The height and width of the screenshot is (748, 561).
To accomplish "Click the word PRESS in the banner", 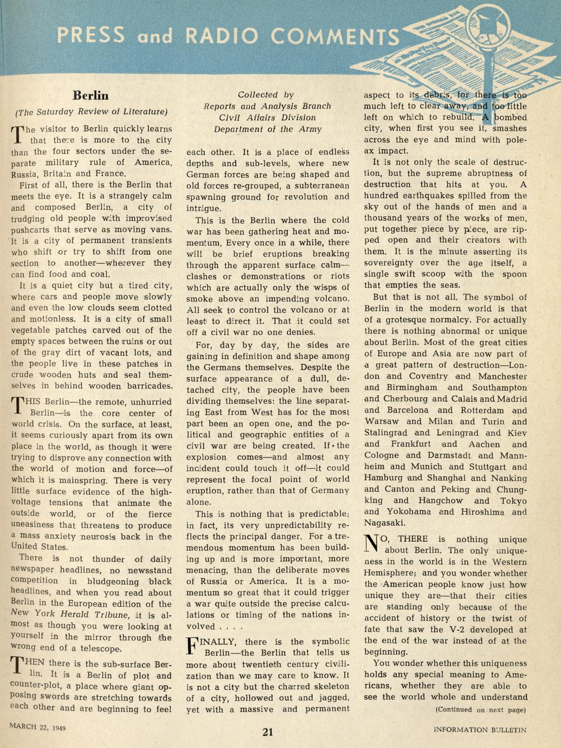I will coord(91,35).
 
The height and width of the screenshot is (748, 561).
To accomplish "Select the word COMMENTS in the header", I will coord(334,36).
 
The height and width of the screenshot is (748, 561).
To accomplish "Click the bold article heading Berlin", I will coord(91,95).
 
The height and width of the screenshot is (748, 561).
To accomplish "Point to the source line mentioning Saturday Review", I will coord(91,112).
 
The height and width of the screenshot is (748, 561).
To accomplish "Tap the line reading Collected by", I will coord(266,94).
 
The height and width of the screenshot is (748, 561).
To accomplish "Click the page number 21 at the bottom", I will coord(268,732).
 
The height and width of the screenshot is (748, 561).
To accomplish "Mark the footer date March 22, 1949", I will coord(37,727).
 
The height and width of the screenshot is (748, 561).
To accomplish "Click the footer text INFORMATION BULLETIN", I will coord(480,730).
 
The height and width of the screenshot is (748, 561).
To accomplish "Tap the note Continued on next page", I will coord(481,710).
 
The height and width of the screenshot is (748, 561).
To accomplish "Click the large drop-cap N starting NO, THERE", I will coord(372,543).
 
